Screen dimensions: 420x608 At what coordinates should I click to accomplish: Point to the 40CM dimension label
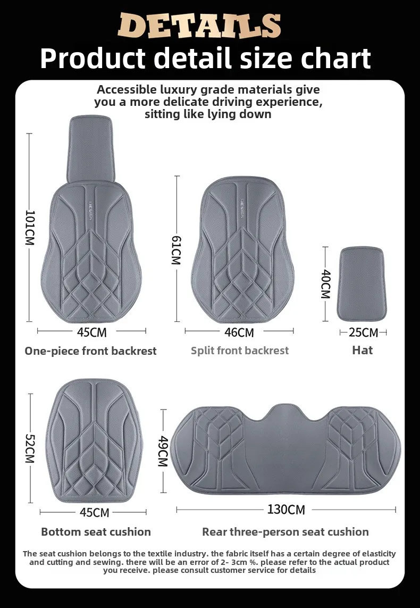click(325, 284)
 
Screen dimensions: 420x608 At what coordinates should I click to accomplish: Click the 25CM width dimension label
click(363, 332)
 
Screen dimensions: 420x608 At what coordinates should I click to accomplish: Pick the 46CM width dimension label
click(239, 332)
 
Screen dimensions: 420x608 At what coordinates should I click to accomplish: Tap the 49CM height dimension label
click(163, 451)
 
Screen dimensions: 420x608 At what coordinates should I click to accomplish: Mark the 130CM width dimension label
click(285, 510)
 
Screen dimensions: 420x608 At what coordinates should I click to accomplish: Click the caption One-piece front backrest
click(90, 351)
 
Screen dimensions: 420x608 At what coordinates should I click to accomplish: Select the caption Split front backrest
click(240, 351)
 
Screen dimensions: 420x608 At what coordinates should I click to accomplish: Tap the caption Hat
click(363, 350)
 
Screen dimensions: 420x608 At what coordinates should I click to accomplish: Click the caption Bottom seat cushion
click(96, 532)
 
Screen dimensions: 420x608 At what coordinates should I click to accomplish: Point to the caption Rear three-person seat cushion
click(285, 532)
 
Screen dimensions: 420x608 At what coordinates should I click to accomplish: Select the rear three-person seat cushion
click(285, 452)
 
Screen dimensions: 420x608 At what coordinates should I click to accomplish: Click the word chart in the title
click(334, 59)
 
